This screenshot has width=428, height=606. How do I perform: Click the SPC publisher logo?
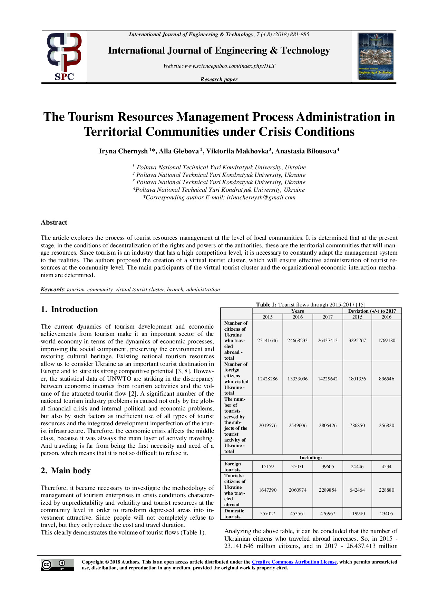pyautogui.click(x=64, y=56)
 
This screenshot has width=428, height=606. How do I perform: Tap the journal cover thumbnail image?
pyautogui.click(x=376, y=56)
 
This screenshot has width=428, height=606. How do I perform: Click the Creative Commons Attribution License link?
pyautogui.click(x=294, y=562)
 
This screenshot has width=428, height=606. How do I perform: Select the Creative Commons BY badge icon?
pyautogui.click(x=57, y=564)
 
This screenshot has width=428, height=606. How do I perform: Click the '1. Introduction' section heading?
pyautogui.click(x=69, y=309)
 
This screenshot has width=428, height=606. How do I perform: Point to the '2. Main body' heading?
pyautogui.click(x=66, y=471)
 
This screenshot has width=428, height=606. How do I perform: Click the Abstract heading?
pyautogui.click(x=54, y=222)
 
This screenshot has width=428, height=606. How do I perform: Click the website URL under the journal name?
pyautogui.click(x=219, y=66)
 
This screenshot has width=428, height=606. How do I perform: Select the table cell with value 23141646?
pyautogui.click(x=267, y=340)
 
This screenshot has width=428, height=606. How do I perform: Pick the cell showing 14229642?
pyautogui.click(x=328, y=379)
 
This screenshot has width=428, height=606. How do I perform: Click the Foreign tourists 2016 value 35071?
pyautogui.click(x=298, y=466)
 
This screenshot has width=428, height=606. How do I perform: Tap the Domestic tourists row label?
pyautogui.click(x=234, y=513)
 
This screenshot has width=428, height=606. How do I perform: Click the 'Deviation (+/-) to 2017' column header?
pyautogui.click(x=372, y=311)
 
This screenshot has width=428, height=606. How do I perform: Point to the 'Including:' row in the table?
pyautogui.click(x=310, y=457)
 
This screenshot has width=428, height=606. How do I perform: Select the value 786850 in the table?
pyautogui.click(x=357, y=425)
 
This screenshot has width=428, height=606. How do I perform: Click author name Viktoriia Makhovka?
pyautogui.click(x=237, y=151)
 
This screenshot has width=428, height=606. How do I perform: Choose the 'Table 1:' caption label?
pyautogui.click(x=266, y=304)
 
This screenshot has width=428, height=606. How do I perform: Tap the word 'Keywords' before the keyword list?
pyautogui.click(x=52, y=290)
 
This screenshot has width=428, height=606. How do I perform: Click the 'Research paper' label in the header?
pyautogui.click(x=219, y=79)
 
